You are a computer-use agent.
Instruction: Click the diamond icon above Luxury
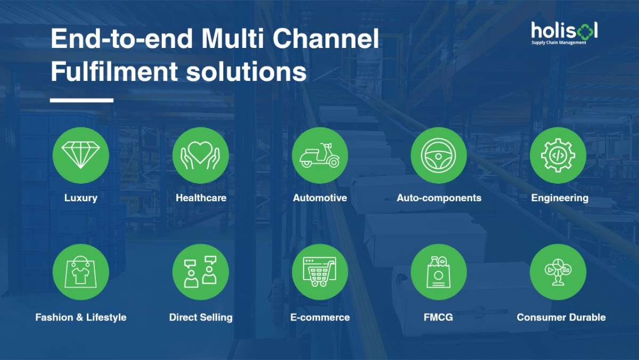tap(81, 156)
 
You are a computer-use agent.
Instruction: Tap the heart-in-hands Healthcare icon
tap(201, 156)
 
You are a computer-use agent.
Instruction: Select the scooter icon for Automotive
tap(320, 156)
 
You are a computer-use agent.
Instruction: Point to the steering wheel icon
tap(439, 156)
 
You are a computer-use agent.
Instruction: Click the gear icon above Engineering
tap(558, 156)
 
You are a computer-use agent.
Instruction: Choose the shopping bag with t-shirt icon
tap(81, 272)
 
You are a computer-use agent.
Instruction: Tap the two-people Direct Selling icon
tap(201, 272)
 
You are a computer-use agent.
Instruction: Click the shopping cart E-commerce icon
tap(320, 272)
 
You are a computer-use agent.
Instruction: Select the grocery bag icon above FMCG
tap(439, 272)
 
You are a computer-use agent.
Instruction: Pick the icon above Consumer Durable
tap(558, 272)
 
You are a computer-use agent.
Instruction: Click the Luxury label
tap(81, 198)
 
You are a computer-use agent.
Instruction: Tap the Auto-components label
tap(439, 198)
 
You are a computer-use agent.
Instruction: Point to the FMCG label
tap(438, 317)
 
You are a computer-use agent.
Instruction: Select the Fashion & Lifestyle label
tap(81, 317)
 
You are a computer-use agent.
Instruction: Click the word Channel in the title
tap(326, 38)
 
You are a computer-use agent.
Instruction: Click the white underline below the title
tap(81, 100)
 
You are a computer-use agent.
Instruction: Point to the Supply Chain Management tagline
tap(559, 43)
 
